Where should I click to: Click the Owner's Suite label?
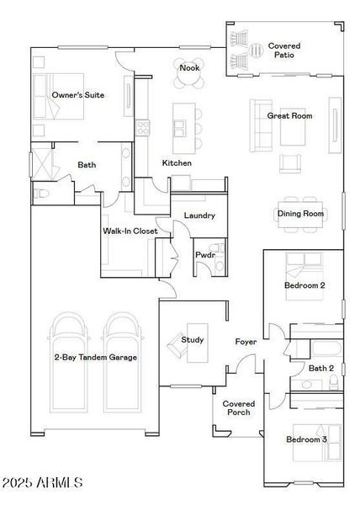pos(78,95)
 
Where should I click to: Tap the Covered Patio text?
pos(284,50)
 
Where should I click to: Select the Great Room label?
pos(290,115)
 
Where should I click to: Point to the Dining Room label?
pos(300,214)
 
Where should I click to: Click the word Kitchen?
pos(177,162)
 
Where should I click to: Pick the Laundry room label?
pos(199,215)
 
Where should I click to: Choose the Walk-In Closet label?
pos(130,231)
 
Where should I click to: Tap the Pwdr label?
pos(205,254)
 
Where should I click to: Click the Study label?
pos(193,340)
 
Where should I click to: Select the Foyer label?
pos(246,342)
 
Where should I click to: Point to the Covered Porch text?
pos(239,408)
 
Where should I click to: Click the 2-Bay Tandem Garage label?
pos(96,358)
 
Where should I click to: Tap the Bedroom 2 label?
pos(304,286)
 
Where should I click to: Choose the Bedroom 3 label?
pos(305,439)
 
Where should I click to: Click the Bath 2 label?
pos(321,368)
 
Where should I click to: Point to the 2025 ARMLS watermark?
pos(42,483)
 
